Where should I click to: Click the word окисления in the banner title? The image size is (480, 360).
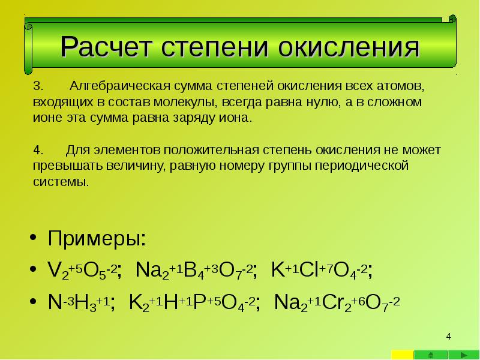click(x=349, y=47)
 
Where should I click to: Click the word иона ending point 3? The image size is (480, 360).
click(x=237, y=118)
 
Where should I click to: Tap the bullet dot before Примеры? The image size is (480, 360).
click(x=33, y=239)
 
